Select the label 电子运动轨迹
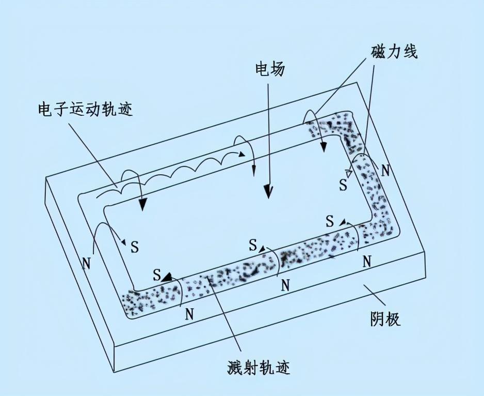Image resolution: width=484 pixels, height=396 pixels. click(x=85, y=110)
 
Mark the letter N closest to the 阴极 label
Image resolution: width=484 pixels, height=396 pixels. click(x=367, y=261)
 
